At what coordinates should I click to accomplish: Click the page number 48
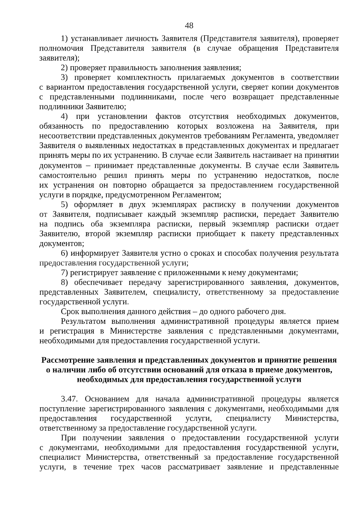point(189,25)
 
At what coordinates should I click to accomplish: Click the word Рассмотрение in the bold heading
point(67,360)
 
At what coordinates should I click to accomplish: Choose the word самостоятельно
point(68,175)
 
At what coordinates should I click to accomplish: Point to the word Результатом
point(83,322)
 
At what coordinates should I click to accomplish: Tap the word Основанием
point(107,399)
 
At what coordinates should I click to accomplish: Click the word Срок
point(70,312)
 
